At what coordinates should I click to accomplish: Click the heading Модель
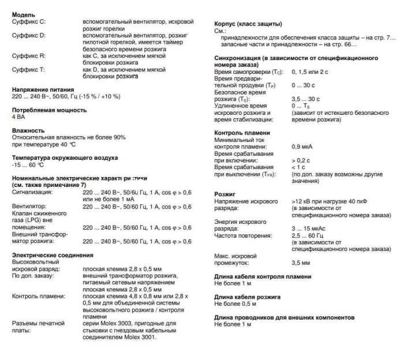[x=24, y=14]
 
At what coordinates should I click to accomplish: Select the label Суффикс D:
[x=29, y=35]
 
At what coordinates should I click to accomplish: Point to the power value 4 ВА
[x=19, y=117]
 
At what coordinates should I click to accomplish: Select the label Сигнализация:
[x=32, y=192]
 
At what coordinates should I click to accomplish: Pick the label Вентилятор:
[x=29, y=207]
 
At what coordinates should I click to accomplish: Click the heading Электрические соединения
[x=53, y=254]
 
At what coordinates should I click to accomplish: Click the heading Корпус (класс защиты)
[x=248, y=24]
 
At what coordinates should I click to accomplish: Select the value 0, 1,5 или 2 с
[x=310, y=72]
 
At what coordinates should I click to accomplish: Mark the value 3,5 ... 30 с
[x=308, y=99]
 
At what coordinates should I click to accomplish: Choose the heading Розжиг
[x=225, y=194]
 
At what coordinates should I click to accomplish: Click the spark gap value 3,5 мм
[x=301, y=262]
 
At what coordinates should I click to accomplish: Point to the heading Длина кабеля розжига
[x=248, y=297]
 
